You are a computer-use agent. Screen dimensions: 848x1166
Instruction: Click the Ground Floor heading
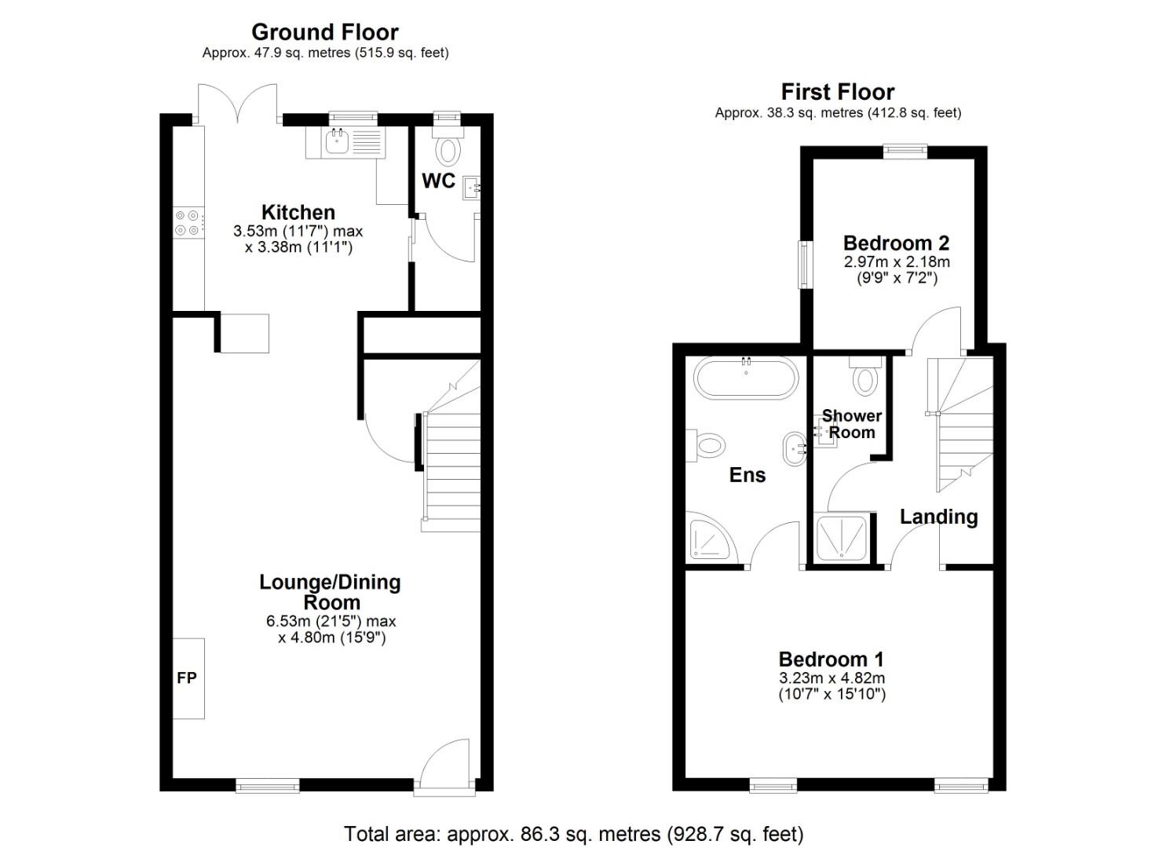pyautogui.click(x=324, y=32)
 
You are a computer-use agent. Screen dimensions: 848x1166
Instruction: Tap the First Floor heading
pyautogui.click(x=837, y=92)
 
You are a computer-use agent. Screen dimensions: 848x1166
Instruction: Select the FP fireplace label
pyautogui.click(x=186, y=678)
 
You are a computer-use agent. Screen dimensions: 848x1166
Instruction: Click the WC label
pyautogui.click(x=438, y=181)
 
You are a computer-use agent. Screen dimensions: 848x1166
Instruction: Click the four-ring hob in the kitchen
pyautogui.click(x=188, y=222)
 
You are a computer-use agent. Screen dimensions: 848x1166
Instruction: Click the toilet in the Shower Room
pyautogui.click(x=865, y=378)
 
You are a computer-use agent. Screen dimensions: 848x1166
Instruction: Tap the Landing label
pyautogui.click(x=938, y=517)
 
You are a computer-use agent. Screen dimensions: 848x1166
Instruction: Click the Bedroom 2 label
pyautogui.click(x=896, y=243)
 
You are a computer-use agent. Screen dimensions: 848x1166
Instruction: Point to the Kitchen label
pyautogui.click(x=298, y=212)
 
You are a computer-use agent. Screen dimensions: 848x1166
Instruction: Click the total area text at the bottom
pyautogui.click(x=573, y=833)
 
